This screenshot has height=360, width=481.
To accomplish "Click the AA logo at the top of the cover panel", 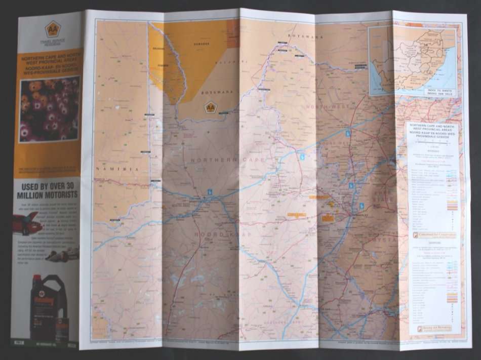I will [52, 29].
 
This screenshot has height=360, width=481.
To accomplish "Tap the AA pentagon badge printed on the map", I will [210, 108].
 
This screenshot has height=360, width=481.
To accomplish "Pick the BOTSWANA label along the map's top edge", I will [305, 36].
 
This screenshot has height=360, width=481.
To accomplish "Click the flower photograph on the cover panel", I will [50, 109].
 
